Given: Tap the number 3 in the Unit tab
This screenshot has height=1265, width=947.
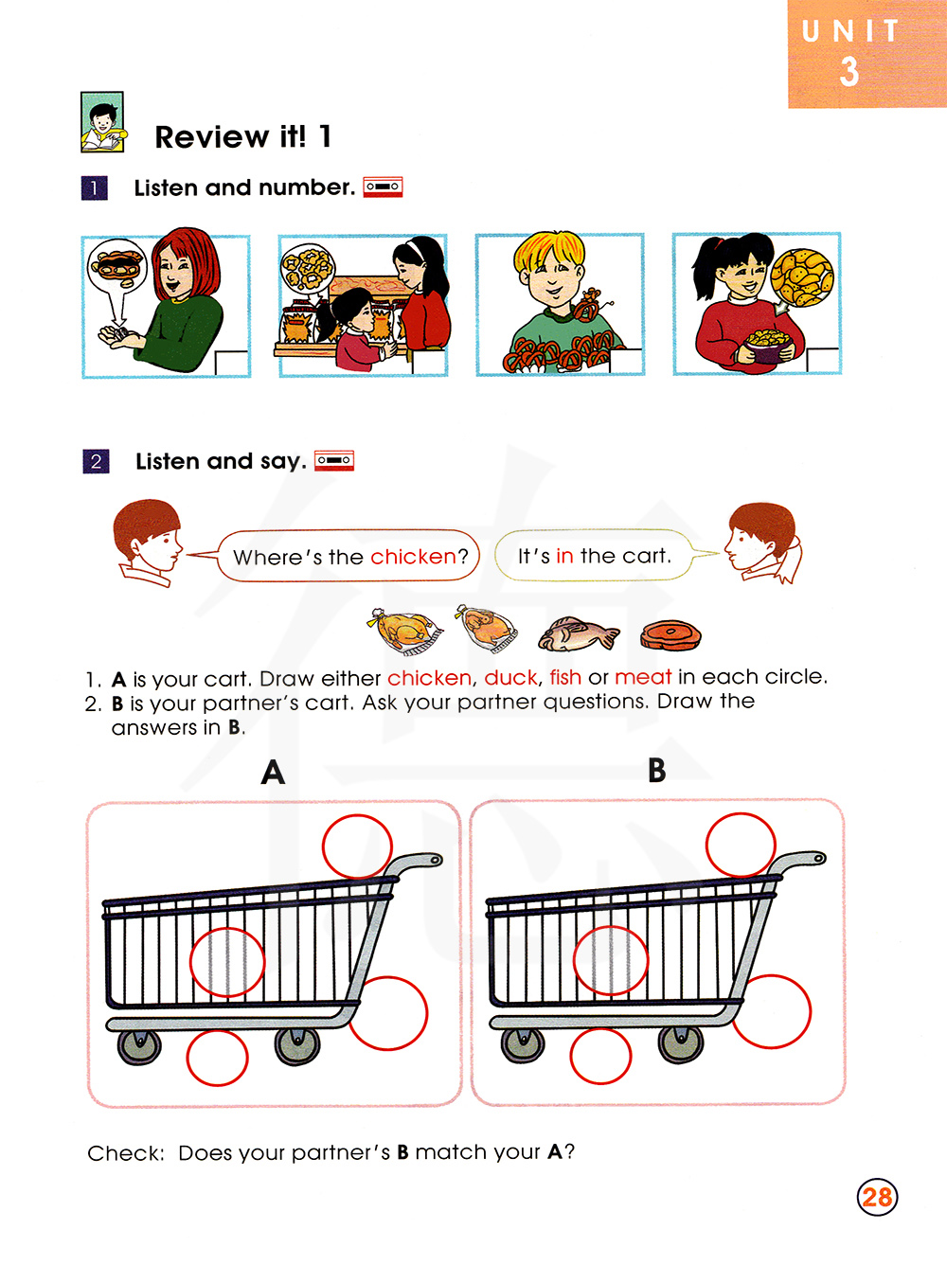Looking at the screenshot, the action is coord(849,72).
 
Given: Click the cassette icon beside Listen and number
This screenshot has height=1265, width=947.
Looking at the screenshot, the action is coord(383,187).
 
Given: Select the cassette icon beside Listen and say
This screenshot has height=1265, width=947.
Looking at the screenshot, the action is coord(334,460).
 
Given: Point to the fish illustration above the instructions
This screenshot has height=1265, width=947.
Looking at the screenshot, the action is coord(578,634).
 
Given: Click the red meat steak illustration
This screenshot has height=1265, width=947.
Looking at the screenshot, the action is coord(670,635).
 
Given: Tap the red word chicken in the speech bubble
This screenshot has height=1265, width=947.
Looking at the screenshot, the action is coord(413,557).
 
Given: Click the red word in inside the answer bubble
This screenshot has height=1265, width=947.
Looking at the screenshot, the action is coord(564,556).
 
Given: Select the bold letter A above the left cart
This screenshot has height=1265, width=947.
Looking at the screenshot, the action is coord(273,773).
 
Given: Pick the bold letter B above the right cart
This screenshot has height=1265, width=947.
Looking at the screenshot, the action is coord(657,770).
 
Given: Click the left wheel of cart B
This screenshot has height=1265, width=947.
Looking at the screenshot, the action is coord(523,1045).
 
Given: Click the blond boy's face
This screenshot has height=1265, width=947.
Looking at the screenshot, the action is coord(551,277).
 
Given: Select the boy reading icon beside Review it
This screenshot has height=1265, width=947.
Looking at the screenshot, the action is coord(102,122).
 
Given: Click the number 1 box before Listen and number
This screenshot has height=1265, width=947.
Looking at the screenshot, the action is coord(95,187).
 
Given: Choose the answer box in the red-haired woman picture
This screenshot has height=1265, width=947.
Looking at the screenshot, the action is coord(232,363).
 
